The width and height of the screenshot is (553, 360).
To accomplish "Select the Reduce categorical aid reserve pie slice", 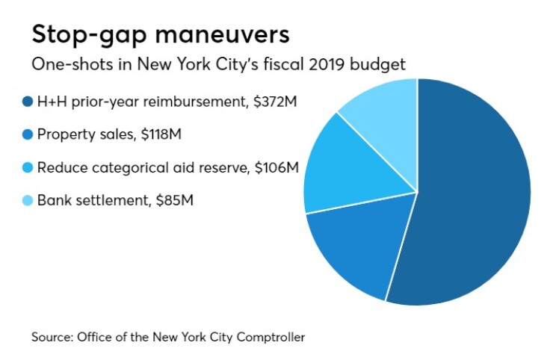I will (344, 168).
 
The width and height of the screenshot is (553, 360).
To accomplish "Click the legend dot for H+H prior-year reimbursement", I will (28, 102).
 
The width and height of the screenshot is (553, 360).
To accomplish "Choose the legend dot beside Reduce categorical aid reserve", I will (28, 167).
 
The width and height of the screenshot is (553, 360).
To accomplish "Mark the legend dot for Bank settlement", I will (28, 200).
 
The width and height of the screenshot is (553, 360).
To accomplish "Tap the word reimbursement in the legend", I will (203, 102).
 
